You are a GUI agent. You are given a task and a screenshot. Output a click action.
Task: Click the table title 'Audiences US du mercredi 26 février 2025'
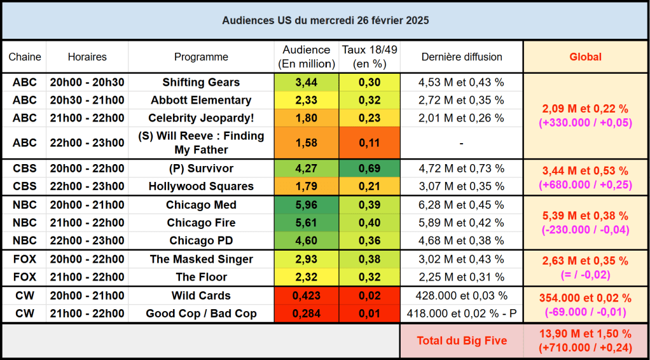[x=325, y=20]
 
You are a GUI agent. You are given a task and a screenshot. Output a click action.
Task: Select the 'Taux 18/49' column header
[x=370, y=57]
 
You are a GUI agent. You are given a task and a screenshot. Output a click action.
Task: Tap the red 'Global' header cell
[x=585, y=57]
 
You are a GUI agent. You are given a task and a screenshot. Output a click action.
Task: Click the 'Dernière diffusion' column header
[x=462, y=57]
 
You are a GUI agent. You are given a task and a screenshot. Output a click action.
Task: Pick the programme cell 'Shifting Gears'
[x=201, y=82]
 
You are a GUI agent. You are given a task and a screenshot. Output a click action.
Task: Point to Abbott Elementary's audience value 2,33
[x=306, y=100]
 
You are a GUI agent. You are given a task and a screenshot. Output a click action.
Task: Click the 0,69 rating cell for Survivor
[x=370, y=169]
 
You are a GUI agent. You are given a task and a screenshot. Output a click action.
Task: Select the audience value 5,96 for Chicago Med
[x=306, y=205]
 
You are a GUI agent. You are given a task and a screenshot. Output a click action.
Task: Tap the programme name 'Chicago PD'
[x=201, y=240]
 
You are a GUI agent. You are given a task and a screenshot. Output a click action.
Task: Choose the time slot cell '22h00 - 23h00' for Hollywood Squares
[x=87, y=186]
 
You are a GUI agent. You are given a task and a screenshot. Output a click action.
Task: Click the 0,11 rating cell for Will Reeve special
[x=370, y=142]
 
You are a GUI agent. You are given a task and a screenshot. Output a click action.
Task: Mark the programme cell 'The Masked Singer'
[x=201, y=259]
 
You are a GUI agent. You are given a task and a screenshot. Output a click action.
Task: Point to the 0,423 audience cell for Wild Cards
[x=306, y=295]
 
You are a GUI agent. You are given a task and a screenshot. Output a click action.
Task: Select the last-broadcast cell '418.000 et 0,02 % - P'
[x=462, y=314]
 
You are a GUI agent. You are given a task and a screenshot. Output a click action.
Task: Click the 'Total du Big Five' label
[x=462, y=340]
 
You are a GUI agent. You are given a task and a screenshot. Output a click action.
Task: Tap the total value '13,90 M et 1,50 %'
[x=585, y=334]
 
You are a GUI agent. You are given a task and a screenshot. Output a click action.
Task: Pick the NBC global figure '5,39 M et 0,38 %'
[x=585, y=216]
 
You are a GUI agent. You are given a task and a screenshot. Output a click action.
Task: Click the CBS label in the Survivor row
[x=25, y=169]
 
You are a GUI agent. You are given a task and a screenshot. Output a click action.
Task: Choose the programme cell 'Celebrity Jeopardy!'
[x=201, y=118]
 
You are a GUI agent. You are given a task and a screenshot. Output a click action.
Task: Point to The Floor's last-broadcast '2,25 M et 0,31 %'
[x=462, y=277]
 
